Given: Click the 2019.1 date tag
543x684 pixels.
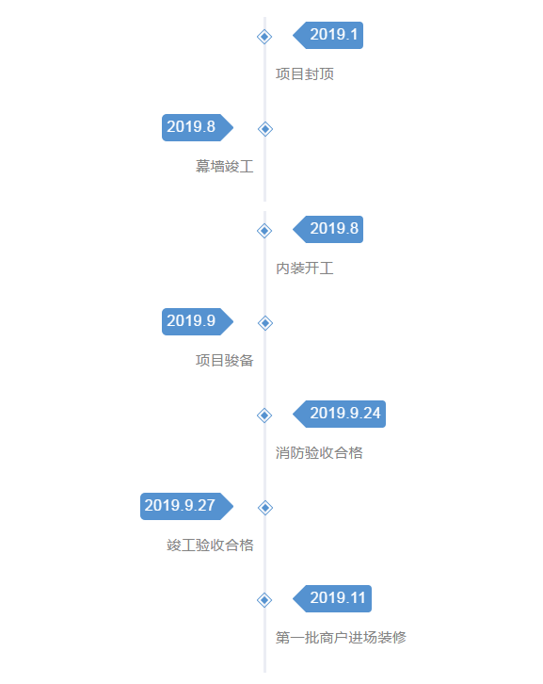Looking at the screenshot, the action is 328,36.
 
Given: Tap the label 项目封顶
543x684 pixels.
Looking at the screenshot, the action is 305,74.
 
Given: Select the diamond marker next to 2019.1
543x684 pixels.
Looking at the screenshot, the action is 264,37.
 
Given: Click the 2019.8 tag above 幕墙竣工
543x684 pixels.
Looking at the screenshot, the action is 198,128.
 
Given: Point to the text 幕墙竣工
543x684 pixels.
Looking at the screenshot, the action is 224,166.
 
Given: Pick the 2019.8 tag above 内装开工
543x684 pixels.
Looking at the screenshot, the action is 328,230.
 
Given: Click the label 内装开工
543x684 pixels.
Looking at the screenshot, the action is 305,269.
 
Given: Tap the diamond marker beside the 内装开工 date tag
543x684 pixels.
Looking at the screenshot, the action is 264,231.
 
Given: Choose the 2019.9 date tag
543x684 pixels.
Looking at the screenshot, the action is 198,322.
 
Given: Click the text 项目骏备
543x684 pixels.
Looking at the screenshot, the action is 224,360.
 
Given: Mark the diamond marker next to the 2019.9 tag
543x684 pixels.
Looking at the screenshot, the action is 265,323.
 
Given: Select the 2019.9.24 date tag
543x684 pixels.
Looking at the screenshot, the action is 340,414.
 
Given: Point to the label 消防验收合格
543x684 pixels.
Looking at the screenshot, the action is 319,453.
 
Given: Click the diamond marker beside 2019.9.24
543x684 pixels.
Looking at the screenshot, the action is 264,415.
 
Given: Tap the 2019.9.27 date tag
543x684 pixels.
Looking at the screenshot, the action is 186,507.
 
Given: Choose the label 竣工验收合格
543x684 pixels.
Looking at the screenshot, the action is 210,546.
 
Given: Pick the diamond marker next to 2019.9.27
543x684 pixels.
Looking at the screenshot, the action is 265,508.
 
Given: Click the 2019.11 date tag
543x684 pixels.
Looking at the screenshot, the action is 332,598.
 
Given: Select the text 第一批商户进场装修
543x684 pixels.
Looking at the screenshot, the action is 341,638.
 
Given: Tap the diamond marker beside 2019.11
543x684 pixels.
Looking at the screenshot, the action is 264,600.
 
